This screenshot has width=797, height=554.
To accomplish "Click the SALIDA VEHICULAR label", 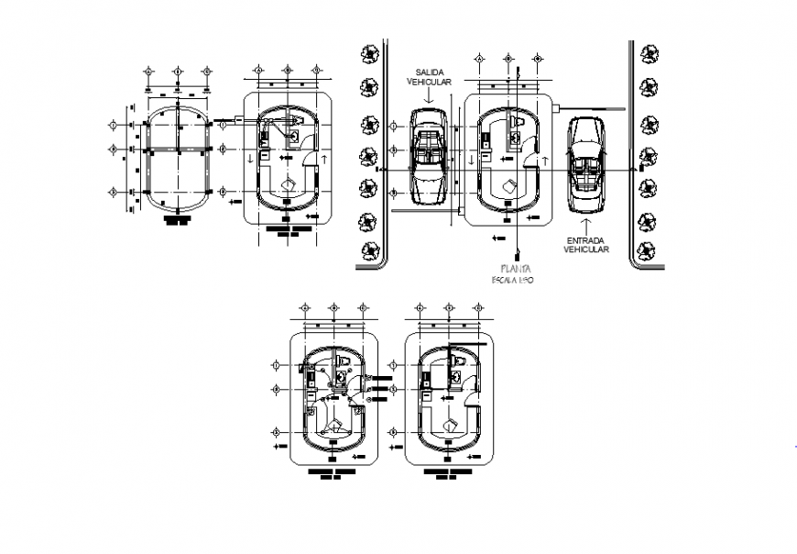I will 431,76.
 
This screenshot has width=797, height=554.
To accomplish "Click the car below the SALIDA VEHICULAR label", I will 430,156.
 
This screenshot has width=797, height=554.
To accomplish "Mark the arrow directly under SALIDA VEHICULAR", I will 431,94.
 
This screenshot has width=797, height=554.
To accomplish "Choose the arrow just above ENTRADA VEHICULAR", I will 586,224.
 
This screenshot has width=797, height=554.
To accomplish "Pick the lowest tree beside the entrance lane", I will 649,249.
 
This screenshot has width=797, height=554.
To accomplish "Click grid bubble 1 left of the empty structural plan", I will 115,125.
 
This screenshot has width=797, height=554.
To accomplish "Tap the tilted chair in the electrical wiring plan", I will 336,426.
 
